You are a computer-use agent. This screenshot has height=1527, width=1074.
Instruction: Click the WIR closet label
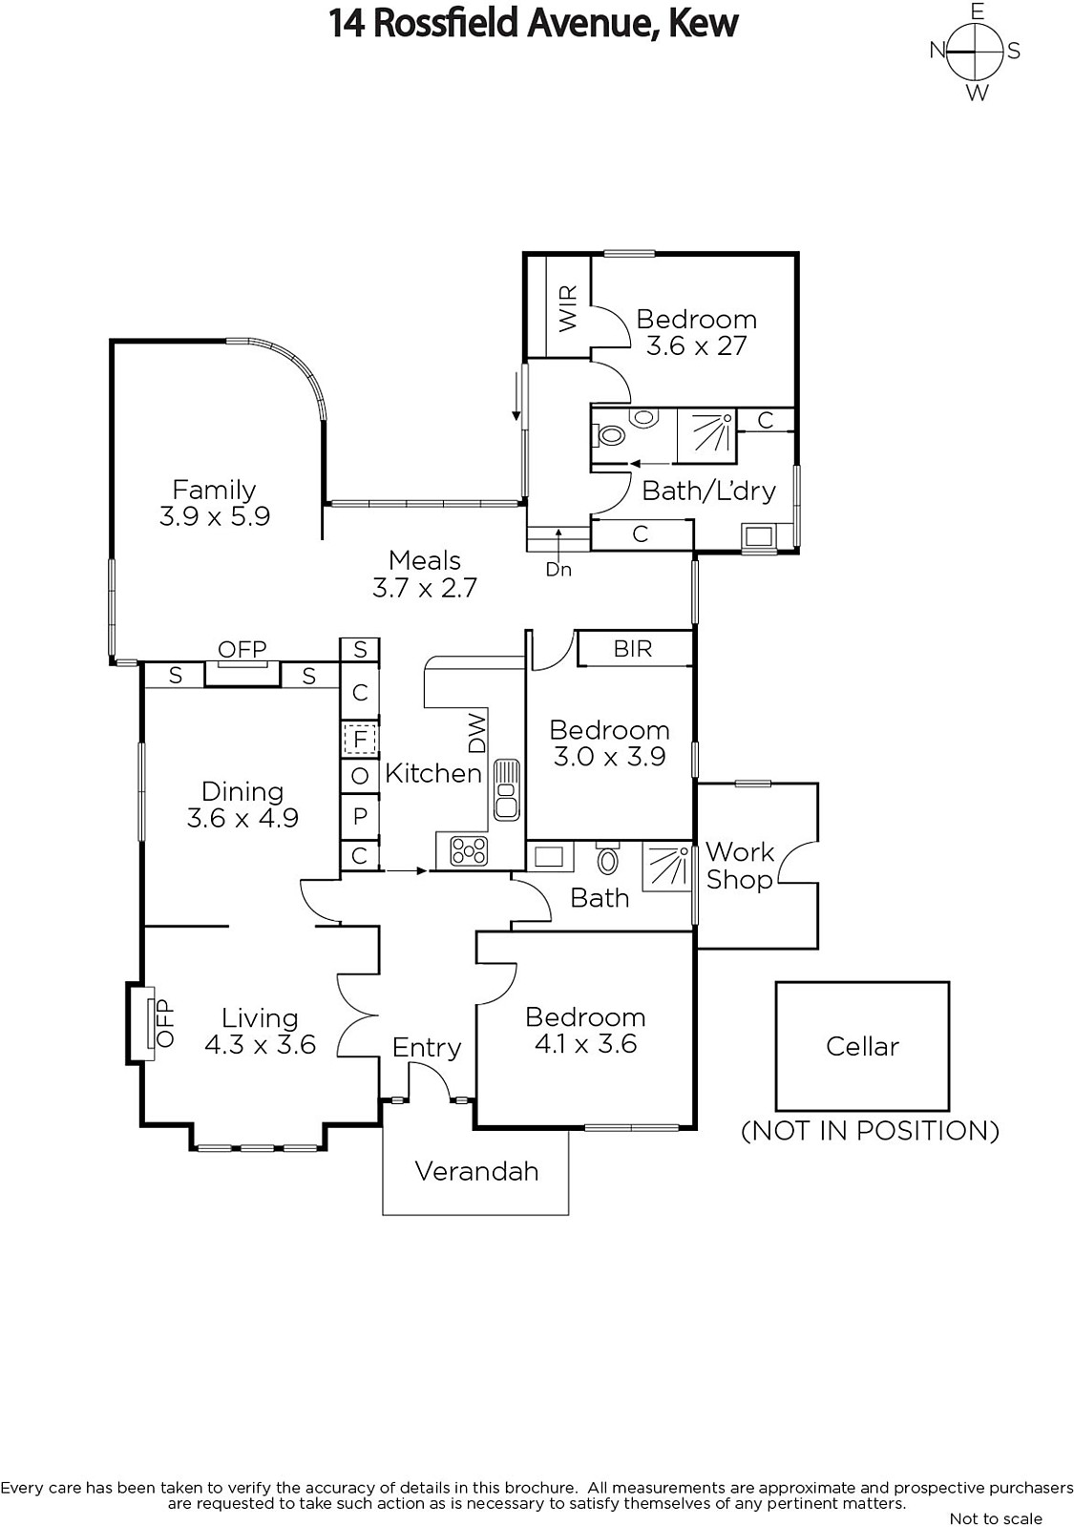tap(568, 308)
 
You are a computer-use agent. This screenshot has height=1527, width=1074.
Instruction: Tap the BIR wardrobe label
tap(633, 648)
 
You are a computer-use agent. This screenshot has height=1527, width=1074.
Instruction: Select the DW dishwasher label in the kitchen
tap(478, 732)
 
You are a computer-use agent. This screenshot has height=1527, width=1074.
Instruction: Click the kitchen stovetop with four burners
tap(469, 851)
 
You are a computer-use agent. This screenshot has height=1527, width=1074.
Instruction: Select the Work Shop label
tap(740, 865)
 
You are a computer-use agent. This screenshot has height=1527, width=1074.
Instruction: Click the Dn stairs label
tap(558, 569)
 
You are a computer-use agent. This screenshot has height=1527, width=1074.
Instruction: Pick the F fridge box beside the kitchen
tap(360, 739)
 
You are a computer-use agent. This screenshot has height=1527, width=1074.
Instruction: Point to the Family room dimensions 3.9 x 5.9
tap(215, 516)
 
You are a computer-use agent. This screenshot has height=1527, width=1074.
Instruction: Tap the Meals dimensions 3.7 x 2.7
tap(424, 588)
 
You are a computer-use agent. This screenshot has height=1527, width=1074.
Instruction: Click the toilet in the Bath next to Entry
tap(607, 859)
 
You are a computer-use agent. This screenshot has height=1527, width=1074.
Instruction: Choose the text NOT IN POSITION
tap(870, 1131)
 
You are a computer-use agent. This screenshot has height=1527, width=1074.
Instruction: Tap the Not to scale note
tap(996, 1518)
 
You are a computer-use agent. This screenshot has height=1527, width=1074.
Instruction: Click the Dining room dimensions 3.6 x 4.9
tap(242, 818)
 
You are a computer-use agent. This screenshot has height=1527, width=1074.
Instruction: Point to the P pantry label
tap(360, 815)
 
